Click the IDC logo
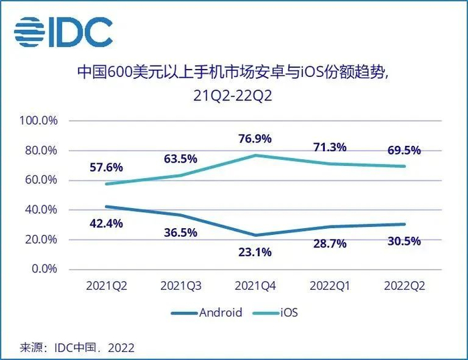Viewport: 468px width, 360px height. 64,31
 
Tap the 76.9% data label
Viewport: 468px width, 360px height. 255,139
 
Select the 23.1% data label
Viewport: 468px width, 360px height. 255,252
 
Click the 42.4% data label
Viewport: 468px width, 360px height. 106,223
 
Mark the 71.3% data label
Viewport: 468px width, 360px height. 330,147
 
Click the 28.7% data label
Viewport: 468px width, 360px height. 330,244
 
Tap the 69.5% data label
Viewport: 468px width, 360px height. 404,151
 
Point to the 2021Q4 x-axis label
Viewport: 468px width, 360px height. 255,285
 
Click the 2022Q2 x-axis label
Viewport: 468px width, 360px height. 404,285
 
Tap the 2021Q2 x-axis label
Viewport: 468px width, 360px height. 106,285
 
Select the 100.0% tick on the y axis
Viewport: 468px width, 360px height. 39,121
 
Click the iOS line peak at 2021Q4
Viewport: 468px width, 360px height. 255,155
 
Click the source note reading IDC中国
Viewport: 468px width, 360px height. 77,348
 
